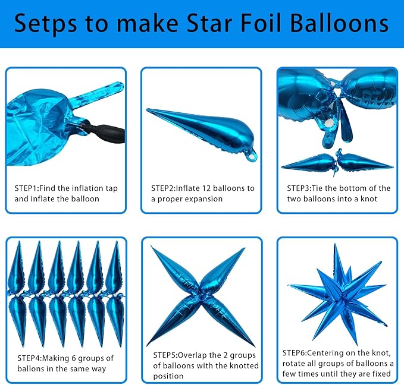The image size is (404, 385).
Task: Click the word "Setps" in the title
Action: (45, 24)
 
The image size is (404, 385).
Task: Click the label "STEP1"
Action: (26, 188)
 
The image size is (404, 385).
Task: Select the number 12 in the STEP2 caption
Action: (206, 188)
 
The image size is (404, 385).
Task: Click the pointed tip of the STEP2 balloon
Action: (148, 110)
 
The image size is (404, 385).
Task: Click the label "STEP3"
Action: (299, 188)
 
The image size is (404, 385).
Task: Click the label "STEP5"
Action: (165, 355)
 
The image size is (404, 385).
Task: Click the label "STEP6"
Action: (295, 352)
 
